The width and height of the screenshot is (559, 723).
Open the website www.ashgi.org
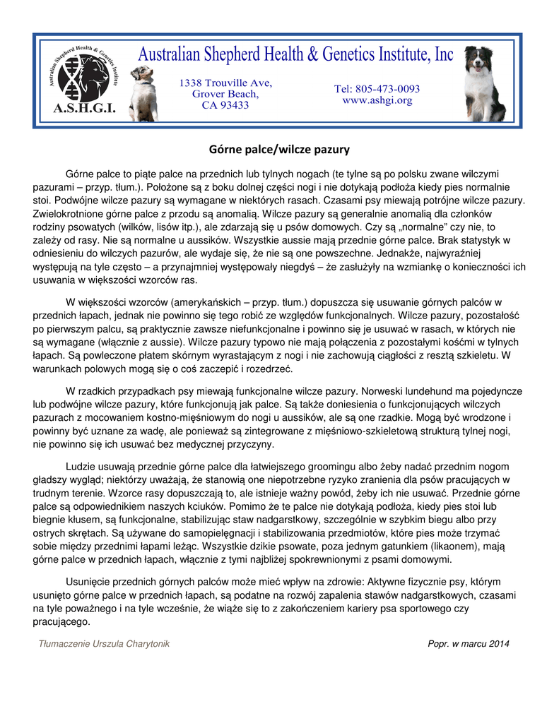(x=377, y=100)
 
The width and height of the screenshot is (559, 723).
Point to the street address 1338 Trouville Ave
(x=225, y=83)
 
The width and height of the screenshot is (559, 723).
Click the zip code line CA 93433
(x=225, y=105)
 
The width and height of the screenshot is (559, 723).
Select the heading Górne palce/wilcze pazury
(x=279, y=150)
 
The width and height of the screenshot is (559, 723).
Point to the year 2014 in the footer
(x=498, y=644)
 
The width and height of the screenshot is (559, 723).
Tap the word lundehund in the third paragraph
(x=434, y=390)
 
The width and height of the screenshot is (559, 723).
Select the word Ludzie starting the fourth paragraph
(x=82, y=467)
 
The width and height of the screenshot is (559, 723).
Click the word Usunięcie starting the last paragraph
(x=89, y=582)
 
